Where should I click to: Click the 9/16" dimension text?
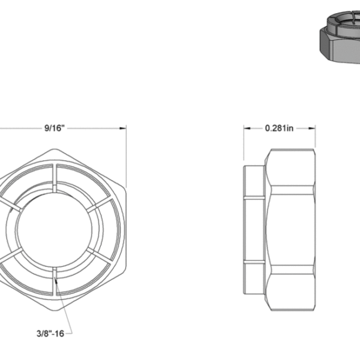coord(54,128)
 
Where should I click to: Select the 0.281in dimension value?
coord(279,128)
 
